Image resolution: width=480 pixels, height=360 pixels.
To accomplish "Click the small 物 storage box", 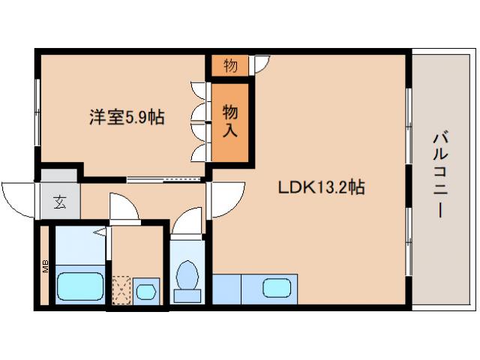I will click(230, 65).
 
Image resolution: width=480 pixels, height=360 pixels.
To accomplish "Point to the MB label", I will click(45, 267).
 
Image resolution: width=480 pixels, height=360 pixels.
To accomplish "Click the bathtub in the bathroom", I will click(79, 286).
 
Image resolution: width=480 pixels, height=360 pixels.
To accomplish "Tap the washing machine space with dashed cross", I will click(121, 289).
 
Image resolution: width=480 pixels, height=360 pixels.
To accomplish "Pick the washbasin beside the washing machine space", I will click(147, 289).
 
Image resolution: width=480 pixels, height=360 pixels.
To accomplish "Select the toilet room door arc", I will click(187, 221).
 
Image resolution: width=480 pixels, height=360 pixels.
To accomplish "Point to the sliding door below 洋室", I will click(166, 180).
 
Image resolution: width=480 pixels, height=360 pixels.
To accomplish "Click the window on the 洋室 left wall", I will click(37, 112).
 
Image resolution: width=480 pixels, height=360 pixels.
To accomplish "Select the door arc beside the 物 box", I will click(259, 64).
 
